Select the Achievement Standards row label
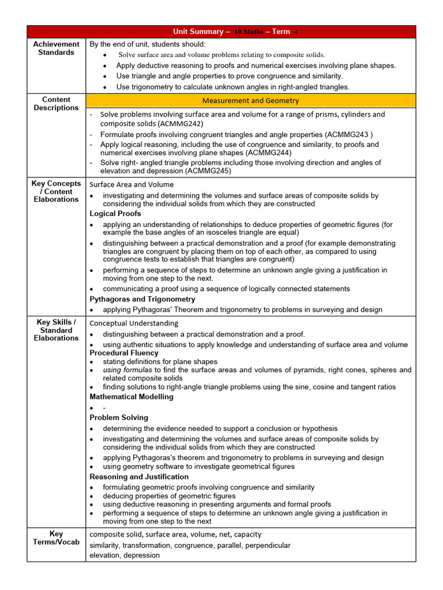click(x=57, y=48)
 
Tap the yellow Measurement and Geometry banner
click(x=250, y=101)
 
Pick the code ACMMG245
click(x=208, y=171)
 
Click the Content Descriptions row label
click(x=57, y=104)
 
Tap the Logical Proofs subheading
click(x=115, y=214)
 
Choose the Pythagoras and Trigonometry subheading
click(x=142, y=299)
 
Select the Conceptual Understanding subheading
click(x=134, y=323)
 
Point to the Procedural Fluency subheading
click(x=124, y=353)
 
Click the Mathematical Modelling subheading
click(x=132, y=396)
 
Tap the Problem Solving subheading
click(x=119, y=417)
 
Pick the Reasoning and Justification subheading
click(x=139, y=476)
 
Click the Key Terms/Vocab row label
click(x=57, y=538)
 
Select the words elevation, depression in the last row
click(x=125, y=555)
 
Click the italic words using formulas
click(x=127, y=370)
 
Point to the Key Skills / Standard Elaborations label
click(x=57, y=330)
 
